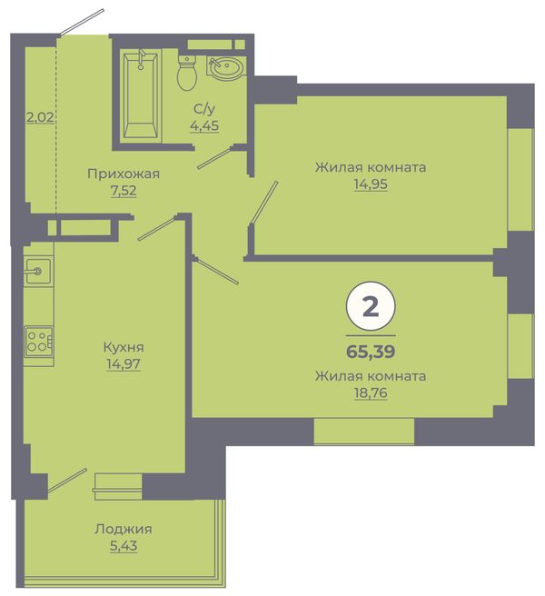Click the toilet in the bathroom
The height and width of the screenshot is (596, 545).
(187, 73)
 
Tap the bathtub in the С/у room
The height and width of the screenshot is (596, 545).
(141, 95)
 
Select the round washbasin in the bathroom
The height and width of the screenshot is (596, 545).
(226, 67)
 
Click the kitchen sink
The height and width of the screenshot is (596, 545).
(38, 270)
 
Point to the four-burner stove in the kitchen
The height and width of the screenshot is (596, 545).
(38, 342)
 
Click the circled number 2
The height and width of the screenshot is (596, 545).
(371, 306)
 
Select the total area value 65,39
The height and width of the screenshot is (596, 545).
(371, 352)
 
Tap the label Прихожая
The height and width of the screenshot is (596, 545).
(124, 174)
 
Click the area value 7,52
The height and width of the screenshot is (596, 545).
(124, 190)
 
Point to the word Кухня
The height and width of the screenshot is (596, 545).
(124, 347)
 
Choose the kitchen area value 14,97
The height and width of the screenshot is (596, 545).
(124, 363)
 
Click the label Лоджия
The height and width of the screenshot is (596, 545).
(124, 529)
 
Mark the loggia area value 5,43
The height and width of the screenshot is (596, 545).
(124, 546)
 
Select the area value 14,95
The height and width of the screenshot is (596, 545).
(371, 184)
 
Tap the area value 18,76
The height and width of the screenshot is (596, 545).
(371, 393)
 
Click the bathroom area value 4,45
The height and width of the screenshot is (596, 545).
(204, 125)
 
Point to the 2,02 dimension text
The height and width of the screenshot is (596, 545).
(40, 117)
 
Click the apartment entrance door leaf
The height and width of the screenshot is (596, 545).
(82, 23)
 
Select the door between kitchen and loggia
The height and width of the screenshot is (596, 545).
(67, 481)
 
